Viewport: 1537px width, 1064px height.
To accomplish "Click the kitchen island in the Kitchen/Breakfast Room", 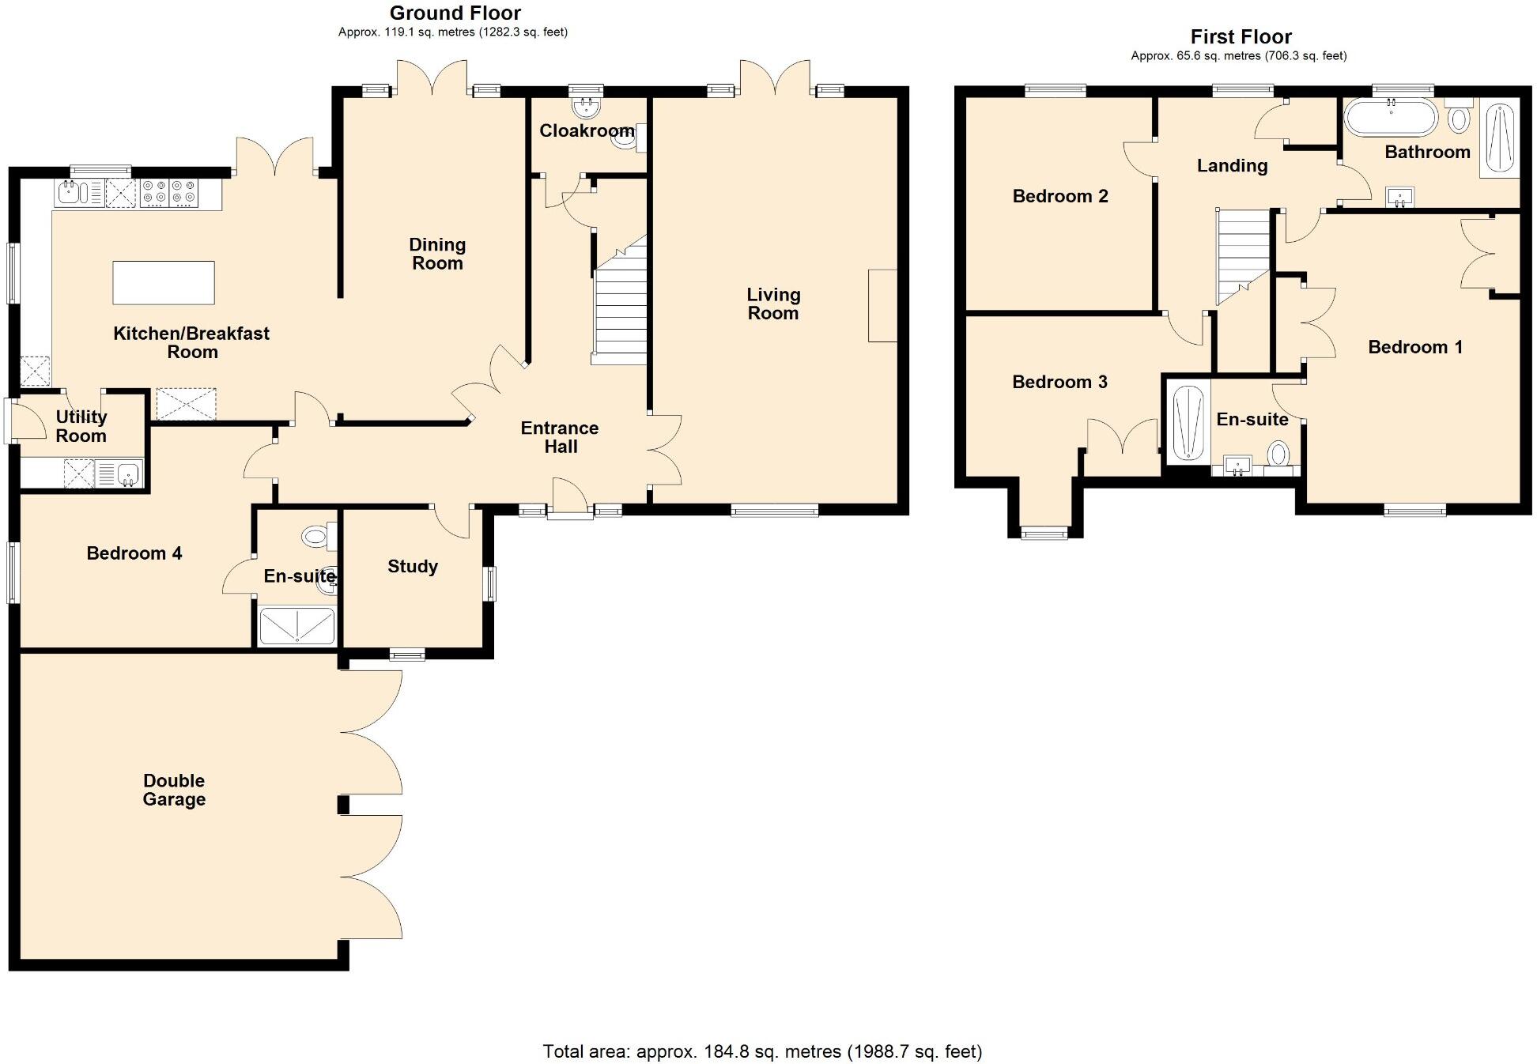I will point(164,282).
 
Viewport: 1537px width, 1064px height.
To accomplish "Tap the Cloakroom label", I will point(586,130).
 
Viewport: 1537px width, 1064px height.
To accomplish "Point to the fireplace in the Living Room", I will point(882,306).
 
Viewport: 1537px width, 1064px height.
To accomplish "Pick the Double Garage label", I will point(174,790).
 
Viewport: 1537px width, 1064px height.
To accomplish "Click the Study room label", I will point(412,566).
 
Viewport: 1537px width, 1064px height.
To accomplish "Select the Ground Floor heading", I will point(455,13).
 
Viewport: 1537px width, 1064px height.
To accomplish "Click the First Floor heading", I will point(1241,36).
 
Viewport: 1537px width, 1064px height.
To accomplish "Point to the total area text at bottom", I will point(762,1051).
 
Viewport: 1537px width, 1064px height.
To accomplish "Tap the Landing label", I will point(1232,165).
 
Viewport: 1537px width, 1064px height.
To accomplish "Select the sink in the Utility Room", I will point(128,474).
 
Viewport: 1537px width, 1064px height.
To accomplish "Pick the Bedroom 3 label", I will point(1059,382).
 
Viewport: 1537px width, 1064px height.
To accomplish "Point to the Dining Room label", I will point(437,254).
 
